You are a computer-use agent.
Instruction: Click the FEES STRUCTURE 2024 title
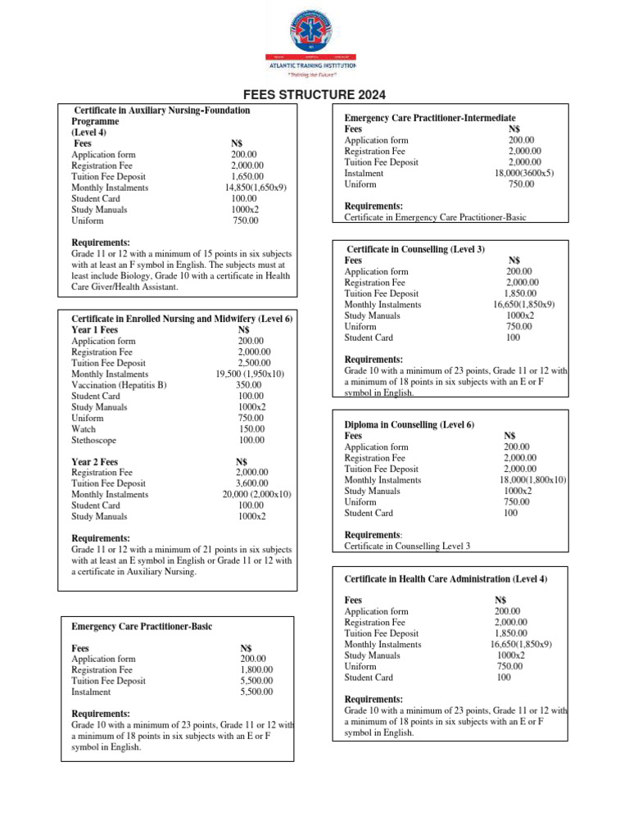(314, 95)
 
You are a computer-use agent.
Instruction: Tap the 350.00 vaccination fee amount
(249, 385)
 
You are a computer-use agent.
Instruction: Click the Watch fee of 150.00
(251, 429)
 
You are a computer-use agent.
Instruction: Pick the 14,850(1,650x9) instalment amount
(256, 188)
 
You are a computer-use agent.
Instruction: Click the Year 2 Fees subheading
(95, 462)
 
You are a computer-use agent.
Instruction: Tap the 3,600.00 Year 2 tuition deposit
(251, 484)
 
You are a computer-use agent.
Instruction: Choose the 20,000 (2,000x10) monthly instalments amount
(256, 495)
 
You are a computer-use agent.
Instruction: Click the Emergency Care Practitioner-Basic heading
(142, 627)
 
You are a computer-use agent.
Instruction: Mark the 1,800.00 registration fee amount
(256, 670)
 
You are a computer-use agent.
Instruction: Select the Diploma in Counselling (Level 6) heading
(409, 425)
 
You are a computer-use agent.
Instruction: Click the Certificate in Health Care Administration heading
(446, 579)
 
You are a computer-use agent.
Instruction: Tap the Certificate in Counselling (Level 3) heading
(415, 249)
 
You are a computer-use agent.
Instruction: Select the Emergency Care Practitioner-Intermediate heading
(430, 119)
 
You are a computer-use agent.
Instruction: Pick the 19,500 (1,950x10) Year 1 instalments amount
(251, 374)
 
